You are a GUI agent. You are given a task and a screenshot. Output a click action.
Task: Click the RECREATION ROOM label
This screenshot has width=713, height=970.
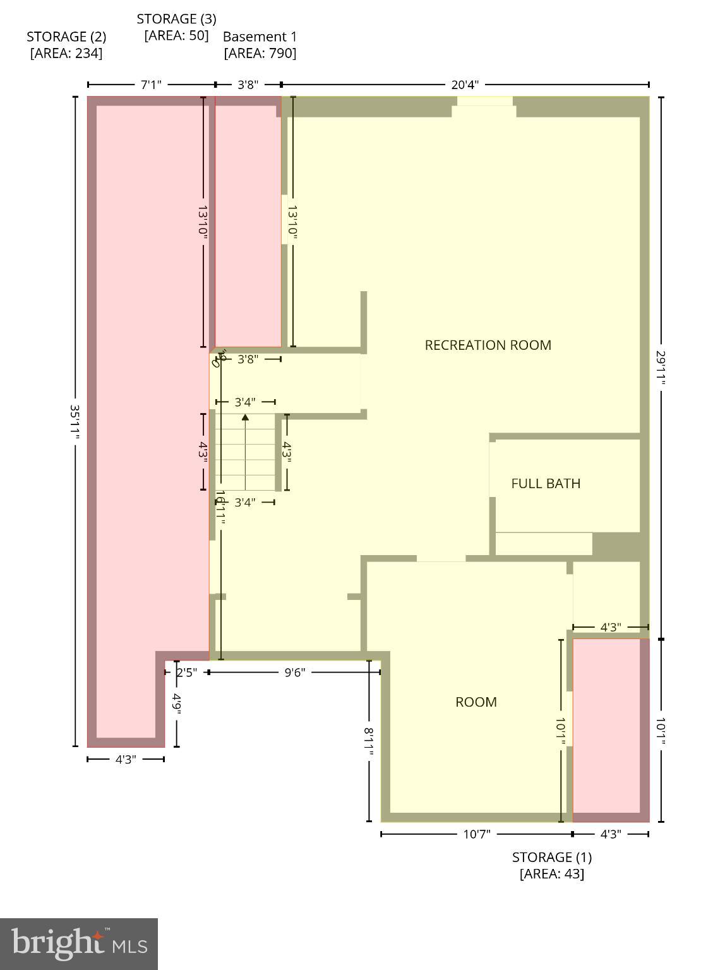click(x=488, y=345)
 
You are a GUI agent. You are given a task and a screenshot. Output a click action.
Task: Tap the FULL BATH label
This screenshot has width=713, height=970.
click(x=546, y=483)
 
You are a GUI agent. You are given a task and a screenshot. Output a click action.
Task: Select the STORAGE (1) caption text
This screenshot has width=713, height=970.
click(x=551, y=857)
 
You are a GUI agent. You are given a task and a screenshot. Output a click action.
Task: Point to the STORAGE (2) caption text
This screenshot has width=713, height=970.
click(x=66, y=37)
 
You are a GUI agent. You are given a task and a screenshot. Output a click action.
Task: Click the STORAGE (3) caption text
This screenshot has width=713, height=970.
click(x=176, y=19)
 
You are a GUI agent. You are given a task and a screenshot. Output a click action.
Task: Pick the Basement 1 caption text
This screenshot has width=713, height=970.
click(x=260, y=37)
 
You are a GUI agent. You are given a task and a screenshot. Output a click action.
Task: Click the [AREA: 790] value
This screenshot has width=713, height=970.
click(x=260, y=53)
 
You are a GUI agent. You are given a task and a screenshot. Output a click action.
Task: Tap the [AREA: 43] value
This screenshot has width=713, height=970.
click(x=551, y=873)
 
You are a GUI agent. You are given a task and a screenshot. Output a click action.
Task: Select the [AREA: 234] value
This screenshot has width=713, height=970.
click(x=66, y=53)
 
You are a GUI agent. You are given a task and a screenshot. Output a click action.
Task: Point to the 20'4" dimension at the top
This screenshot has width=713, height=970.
click(x=465, y=85)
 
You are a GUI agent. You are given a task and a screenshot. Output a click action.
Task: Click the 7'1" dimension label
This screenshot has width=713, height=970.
click(x=151, y=85)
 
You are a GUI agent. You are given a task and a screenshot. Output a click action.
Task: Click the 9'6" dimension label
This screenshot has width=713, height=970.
click(x=294, y=673)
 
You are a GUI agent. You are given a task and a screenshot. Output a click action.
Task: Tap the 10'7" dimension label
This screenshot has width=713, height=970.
click(x=477, y=834)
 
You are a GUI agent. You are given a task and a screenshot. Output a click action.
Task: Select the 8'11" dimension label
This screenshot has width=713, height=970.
click(x=369, y=744)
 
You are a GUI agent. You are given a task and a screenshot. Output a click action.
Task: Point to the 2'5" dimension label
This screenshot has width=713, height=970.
click(x=187, y=673)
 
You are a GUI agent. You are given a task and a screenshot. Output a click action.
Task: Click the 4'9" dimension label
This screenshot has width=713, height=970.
click(x=177, y=704)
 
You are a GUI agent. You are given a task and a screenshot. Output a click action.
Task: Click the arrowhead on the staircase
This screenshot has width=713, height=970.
click(x=245, y=417)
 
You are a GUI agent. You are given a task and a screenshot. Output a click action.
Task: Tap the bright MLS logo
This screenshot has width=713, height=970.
click(x=79, y=943)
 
